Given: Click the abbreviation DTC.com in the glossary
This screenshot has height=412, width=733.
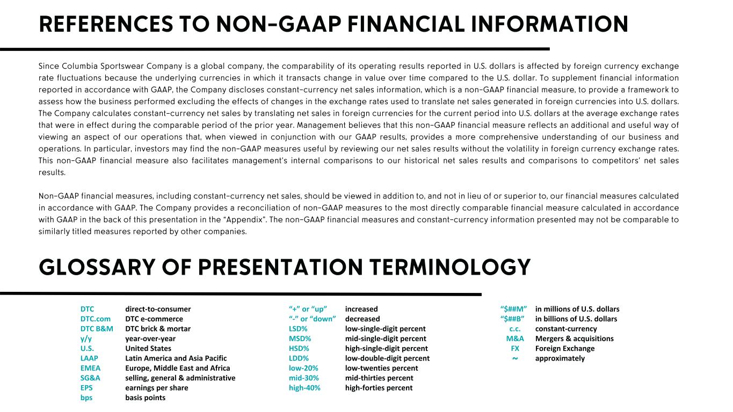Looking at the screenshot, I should click(96, 319).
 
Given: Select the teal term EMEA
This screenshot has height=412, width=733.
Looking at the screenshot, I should click(90, 368).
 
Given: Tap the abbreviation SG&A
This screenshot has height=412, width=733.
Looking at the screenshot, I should click(90, 378).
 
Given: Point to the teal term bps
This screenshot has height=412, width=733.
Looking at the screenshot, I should click(86, 398).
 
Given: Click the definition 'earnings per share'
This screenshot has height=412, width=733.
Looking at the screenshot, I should click(157, 388).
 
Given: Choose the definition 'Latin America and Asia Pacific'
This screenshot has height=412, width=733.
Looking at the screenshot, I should click(176, 358).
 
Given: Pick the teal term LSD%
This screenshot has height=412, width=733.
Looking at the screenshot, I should click(298, 329).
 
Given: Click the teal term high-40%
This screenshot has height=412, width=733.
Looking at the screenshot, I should click(304, 388).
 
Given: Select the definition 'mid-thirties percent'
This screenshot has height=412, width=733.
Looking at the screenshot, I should click(379, 378).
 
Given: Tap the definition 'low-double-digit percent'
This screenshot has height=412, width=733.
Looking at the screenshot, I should click(387, 358).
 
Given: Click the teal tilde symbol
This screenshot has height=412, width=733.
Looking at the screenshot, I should click(515, 358).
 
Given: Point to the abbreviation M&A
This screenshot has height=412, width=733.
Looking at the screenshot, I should click(515, 339).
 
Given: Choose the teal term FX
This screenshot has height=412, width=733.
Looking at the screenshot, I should click(515, 348).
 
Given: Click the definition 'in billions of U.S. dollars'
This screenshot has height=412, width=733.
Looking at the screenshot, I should click(576, 319).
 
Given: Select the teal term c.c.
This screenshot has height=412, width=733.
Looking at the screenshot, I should click(515, 329).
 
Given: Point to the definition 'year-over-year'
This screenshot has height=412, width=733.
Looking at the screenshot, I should click(150, 339).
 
